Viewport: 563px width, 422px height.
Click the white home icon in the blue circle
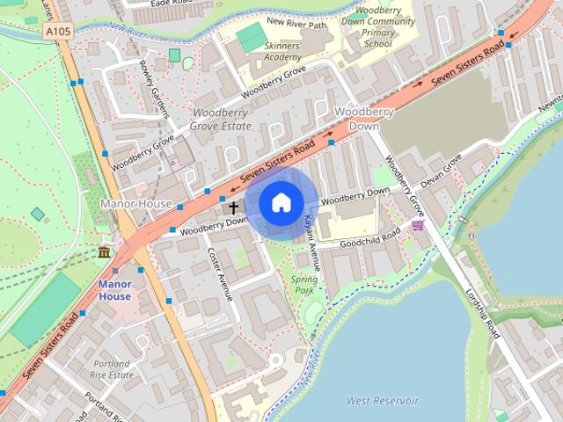[x=281, y=202]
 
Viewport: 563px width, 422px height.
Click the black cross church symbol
[x=234, y=208]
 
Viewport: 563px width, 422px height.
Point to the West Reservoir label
[x=382, y=401]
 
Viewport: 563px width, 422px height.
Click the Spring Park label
[x=304, y=284]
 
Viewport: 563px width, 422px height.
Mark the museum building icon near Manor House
[x=105, y=253]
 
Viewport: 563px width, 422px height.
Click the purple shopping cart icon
[x=417, y=226]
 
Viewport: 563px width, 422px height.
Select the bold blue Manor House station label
[x=114, y=290]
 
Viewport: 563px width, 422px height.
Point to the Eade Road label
[x=172, y=4]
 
